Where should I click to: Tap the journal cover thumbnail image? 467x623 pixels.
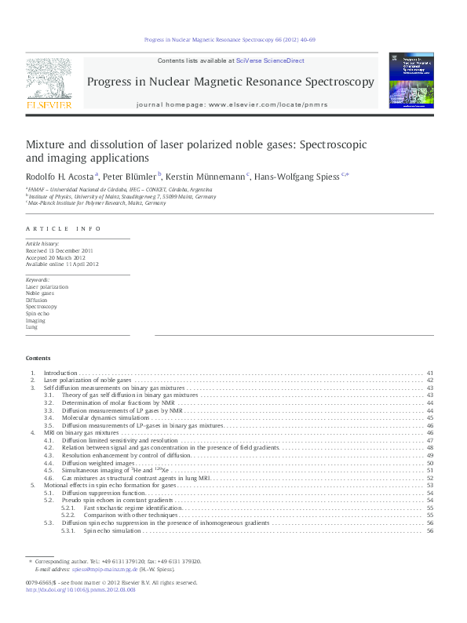[411, 80]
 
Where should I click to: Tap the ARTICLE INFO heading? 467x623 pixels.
[64, 228]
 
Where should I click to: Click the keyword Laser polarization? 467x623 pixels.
[47, 286]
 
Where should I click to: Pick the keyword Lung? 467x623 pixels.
[32, 326]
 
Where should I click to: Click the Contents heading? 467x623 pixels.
[38, 358]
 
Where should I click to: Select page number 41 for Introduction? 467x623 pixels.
[430, 373]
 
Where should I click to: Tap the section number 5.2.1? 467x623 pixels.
[68, 508]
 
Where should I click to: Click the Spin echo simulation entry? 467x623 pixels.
[109, 530]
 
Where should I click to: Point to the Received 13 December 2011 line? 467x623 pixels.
[60, 251]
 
